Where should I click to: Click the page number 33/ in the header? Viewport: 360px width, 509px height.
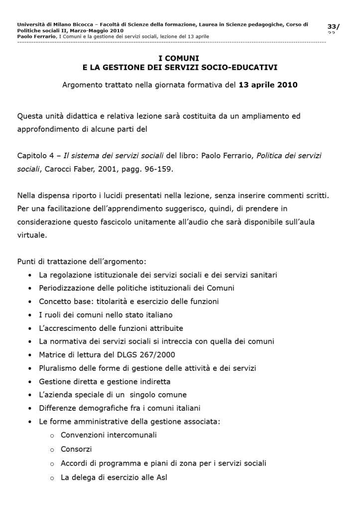[x=333, y=26]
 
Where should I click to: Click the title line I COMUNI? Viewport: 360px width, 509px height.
[x=179, y=58]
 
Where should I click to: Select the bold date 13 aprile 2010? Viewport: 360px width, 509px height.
[x=268, y=85]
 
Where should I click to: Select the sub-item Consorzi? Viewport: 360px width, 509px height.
[x=76, y=449]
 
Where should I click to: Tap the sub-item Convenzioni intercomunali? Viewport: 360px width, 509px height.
[x=109, y=435]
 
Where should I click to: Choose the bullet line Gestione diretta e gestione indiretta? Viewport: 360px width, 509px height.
[x=105, y=382]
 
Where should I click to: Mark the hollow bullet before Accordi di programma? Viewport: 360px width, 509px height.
[x=52, y=464]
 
